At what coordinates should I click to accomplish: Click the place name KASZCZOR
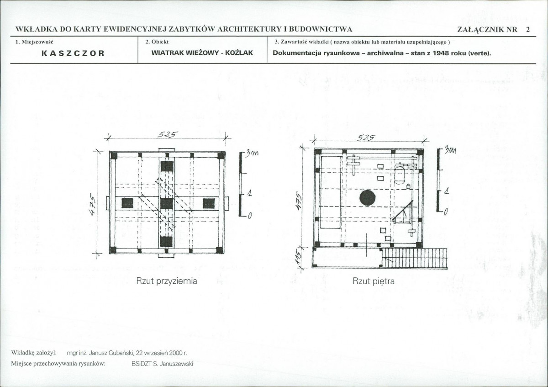(x=73, y=53)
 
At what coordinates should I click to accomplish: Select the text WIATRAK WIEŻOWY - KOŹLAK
(x=202, y=53)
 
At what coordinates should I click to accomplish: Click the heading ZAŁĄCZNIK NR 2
(x=494, y=30)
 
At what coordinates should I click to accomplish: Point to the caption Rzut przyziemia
(x=167, y=281)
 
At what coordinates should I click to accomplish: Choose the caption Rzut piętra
(x=374, y=281)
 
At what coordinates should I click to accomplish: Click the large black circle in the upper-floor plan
(x=368, y=197)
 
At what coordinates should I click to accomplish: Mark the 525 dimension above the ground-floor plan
(x=168, y=134)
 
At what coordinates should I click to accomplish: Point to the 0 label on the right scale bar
(x=446, y=212)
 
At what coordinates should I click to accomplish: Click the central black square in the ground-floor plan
(x=167, y=203)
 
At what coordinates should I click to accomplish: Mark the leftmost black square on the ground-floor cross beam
(x=127, y=203)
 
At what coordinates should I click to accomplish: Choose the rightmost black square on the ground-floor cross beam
(x=209, y=203)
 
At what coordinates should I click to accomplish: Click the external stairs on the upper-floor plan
(x=414, y=258)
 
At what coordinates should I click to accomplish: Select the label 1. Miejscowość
(x=34, y=42)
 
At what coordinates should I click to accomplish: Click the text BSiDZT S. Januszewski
(x=162, y=364)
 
